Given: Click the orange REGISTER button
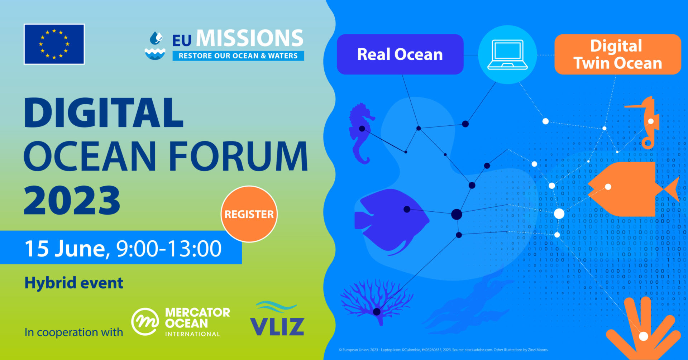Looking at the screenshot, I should pos(249,214).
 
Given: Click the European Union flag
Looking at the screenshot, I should pos(54,44).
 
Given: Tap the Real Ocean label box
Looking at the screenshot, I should pos(400,54).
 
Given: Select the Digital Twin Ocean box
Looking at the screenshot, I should pos(617,54).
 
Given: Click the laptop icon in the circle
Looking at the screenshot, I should pos(507,54).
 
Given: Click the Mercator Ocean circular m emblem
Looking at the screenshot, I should pos(145,321).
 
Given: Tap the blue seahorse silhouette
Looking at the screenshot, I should pos(361,133).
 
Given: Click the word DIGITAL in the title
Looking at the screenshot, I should pos(104,113).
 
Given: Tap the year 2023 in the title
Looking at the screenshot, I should pos(72,201).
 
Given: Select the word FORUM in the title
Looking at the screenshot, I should pos(238,157).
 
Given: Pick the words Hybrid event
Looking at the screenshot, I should pos(74,283).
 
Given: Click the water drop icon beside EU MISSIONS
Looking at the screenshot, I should pos(155,46).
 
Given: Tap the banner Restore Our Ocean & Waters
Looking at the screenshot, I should pos(238,56).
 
